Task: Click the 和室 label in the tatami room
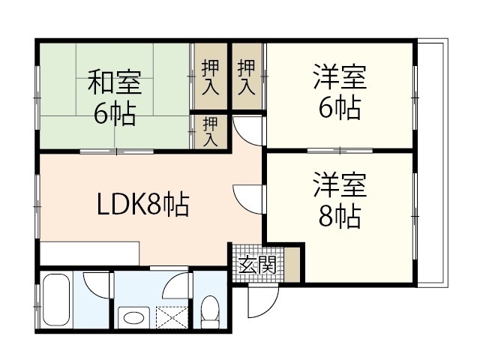(115, 80)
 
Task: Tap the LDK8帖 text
(141, 205)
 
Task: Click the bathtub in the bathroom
(56, 302)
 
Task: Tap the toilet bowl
(211, 310)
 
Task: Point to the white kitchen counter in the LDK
(90, 253)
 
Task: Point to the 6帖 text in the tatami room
(115, 112)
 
